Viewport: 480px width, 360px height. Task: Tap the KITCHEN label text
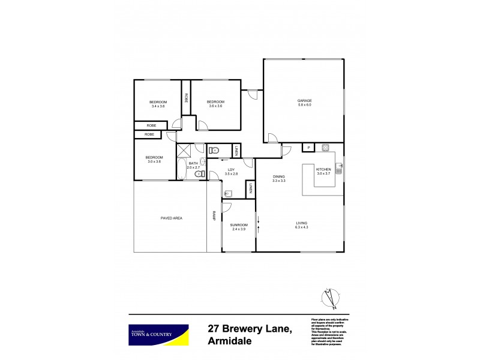(x=323, y=170)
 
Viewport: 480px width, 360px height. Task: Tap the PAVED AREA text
(x=171, y=218)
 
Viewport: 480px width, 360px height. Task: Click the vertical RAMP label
(x=213, y=217)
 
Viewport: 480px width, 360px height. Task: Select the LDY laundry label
(x=231, y=170)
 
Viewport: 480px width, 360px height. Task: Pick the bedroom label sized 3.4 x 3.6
(x=158, y=103)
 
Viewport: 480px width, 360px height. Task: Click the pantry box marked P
(x=308, y=148)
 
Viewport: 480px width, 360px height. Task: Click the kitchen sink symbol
(x=339, y=167)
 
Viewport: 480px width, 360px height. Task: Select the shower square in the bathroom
(x=183, y=150)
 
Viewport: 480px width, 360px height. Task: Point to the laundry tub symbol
(x=228, y=194)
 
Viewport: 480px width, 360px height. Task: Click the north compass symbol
(x=328, y=296)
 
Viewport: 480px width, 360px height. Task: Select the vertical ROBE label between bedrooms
(x=187, y=99)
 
